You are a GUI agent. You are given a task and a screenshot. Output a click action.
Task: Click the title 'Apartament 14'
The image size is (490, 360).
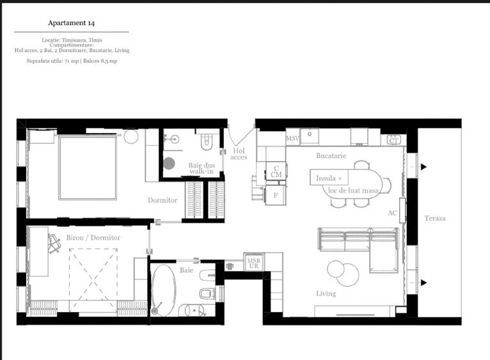72,23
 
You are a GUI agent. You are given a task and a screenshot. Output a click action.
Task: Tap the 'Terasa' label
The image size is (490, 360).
434,219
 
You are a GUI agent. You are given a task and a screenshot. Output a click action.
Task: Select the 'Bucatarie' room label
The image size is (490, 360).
331,155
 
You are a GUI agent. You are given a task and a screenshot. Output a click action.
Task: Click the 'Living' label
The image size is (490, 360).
326,293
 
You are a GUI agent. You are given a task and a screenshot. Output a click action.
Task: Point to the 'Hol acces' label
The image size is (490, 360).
239,154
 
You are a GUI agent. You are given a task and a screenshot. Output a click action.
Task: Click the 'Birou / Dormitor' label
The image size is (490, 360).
93,238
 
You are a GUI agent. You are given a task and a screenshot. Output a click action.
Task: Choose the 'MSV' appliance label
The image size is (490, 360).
292,138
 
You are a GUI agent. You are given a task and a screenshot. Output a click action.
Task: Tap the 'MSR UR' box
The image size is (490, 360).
253,262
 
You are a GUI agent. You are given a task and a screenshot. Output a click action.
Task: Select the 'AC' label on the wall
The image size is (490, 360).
392,213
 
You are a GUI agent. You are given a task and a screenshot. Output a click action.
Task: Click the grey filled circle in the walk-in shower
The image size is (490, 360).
169,162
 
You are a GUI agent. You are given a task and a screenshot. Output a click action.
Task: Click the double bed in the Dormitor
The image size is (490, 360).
88,168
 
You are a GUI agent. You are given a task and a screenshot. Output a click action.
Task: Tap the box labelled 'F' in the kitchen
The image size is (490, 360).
276,195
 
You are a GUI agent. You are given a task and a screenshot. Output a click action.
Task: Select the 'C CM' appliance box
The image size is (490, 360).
276,171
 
